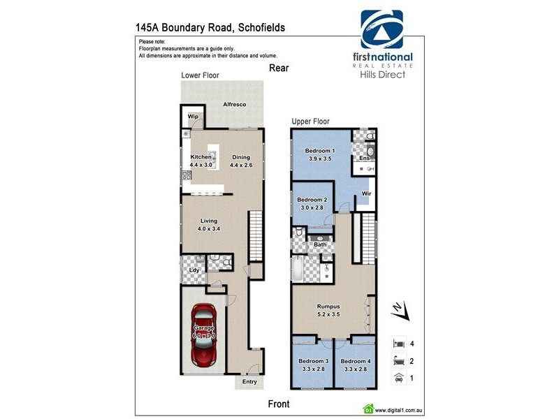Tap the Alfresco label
click(234, 104)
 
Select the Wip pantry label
click(191, 117)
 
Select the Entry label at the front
click(249, 382)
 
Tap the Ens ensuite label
click(364, 159)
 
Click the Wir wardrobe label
click(366, 193)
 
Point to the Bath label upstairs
click(320, 244)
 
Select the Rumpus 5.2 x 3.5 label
click(328, 310)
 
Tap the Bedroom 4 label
click(356, 365)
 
